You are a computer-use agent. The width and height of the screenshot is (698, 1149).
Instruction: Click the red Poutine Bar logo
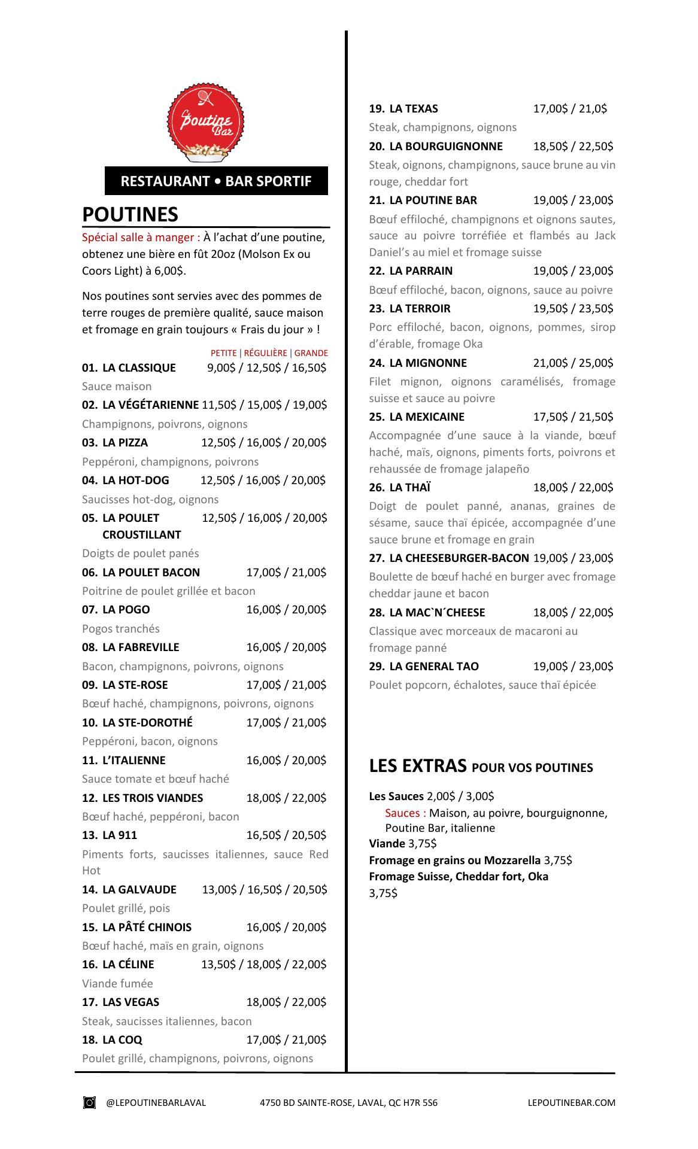[206, 124]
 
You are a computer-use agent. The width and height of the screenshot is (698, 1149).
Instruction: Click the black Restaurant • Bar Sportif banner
[216, 181]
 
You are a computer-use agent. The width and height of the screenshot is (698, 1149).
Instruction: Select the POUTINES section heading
[130, 214]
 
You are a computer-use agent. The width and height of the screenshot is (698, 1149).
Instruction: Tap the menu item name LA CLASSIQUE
[139, 367]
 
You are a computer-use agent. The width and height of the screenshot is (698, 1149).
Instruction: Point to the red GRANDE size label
[311, 353]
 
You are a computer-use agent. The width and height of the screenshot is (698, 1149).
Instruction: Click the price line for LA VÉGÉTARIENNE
[265, 405]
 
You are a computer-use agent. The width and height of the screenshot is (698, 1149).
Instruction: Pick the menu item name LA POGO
[126, 610]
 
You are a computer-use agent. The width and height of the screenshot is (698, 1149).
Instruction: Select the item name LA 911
[120, 835]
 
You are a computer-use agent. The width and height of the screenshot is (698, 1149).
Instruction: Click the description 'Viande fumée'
[117, 983]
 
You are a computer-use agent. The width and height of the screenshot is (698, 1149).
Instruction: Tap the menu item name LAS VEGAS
[131, 1002]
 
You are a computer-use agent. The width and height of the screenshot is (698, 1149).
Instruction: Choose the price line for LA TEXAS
[570, 109]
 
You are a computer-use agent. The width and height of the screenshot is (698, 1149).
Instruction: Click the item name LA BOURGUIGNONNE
[445, 147]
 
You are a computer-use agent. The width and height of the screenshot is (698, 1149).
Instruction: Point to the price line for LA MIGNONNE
[573, 363]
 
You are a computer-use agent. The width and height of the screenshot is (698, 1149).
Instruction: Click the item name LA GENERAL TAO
[433, 667]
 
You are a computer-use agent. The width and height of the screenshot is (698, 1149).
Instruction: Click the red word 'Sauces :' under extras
[405, 813]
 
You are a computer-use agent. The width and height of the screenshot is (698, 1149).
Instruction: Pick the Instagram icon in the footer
[89, 1102]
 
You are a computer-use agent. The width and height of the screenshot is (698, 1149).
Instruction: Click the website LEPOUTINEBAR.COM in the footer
[572, 1102]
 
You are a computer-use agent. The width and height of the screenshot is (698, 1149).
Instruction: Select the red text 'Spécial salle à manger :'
[141, 238]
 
